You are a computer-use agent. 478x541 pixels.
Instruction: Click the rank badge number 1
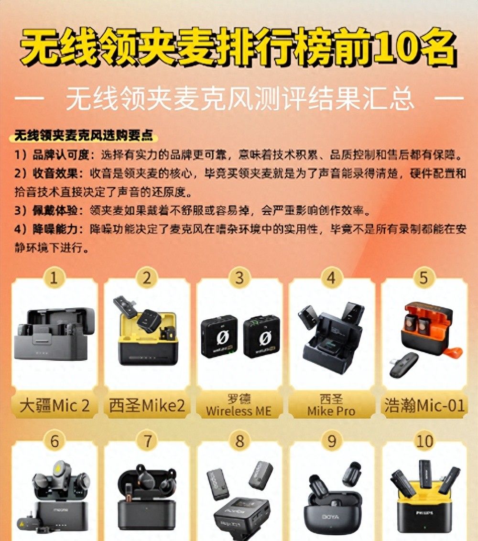(x=54, y=278)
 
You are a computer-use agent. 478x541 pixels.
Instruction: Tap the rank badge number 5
(x=424, y=278)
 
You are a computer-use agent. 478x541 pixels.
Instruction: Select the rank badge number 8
(x=239, y=441)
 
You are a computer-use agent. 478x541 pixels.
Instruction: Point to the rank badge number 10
(x=424, y=441)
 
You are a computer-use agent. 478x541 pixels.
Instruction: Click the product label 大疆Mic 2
(x=54, y=406)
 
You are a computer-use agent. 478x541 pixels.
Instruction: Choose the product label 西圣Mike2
(x=147, y=406)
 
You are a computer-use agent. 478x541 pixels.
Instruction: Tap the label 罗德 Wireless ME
(x=239, y=405)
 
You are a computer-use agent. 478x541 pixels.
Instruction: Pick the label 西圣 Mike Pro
(x=331, y=405)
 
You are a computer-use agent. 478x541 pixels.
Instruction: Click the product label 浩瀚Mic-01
(x=424, y=406)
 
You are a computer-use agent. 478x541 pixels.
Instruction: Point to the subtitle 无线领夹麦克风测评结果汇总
(x=239, y=99)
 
